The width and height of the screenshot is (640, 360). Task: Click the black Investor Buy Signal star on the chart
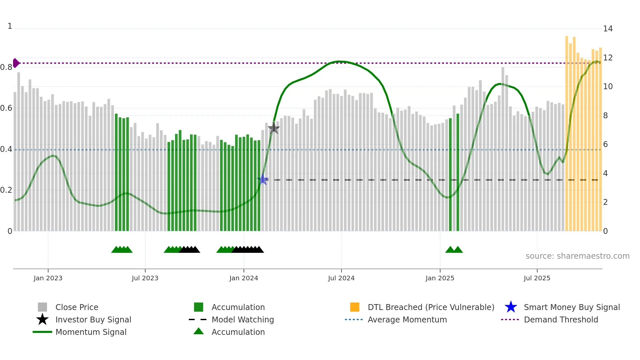click(x=274, y=128)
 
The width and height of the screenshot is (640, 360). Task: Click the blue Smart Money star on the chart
click(x=263, y=180)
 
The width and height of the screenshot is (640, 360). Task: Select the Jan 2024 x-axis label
click(x=244, y=278)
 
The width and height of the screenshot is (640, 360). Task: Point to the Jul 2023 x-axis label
click(x=145, y=278)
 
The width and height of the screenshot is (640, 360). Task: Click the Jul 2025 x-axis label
click(x=537, y=278)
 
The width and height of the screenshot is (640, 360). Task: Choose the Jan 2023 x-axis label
click(x=48, y=278)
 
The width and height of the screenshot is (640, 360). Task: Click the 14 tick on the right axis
click(x=608, y=29)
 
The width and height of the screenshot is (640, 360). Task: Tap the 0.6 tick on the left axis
click(x=6, y=108)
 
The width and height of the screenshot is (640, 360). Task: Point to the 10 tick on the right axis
click(x=608, y=87)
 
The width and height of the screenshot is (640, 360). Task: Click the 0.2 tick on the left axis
click(x=6, y=190)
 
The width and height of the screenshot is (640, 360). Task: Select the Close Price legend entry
click(x=77, y=307)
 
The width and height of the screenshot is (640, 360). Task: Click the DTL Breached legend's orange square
click(x=355, y=307)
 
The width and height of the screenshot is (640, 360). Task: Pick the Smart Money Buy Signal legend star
click(x=511, y=307)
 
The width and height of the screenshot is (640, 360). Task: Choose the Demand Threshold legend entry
click(x=561, y=319)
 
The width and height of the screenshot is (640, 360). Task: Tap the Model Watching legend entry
click(x=243, y=319)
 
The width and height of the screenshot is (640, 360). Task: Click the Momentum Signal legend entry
click(x=91, y=332)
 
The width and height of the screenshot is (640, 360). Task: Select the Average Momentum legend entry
click(x=407, y=319)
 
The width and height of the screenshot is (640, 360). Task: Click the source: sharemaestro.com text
click(x=577, y=256)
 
